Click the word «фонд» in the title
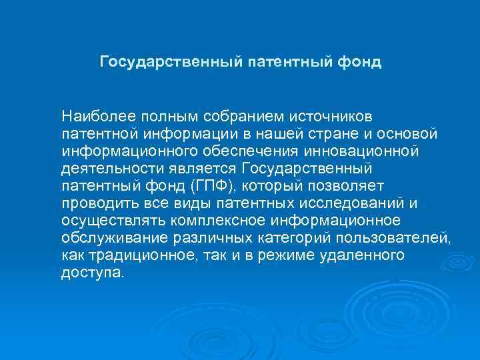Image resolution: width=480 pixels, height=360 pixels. coord(360,62)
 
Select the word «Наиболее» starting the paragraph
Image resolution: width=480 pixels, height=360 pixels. coord(90,115)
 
